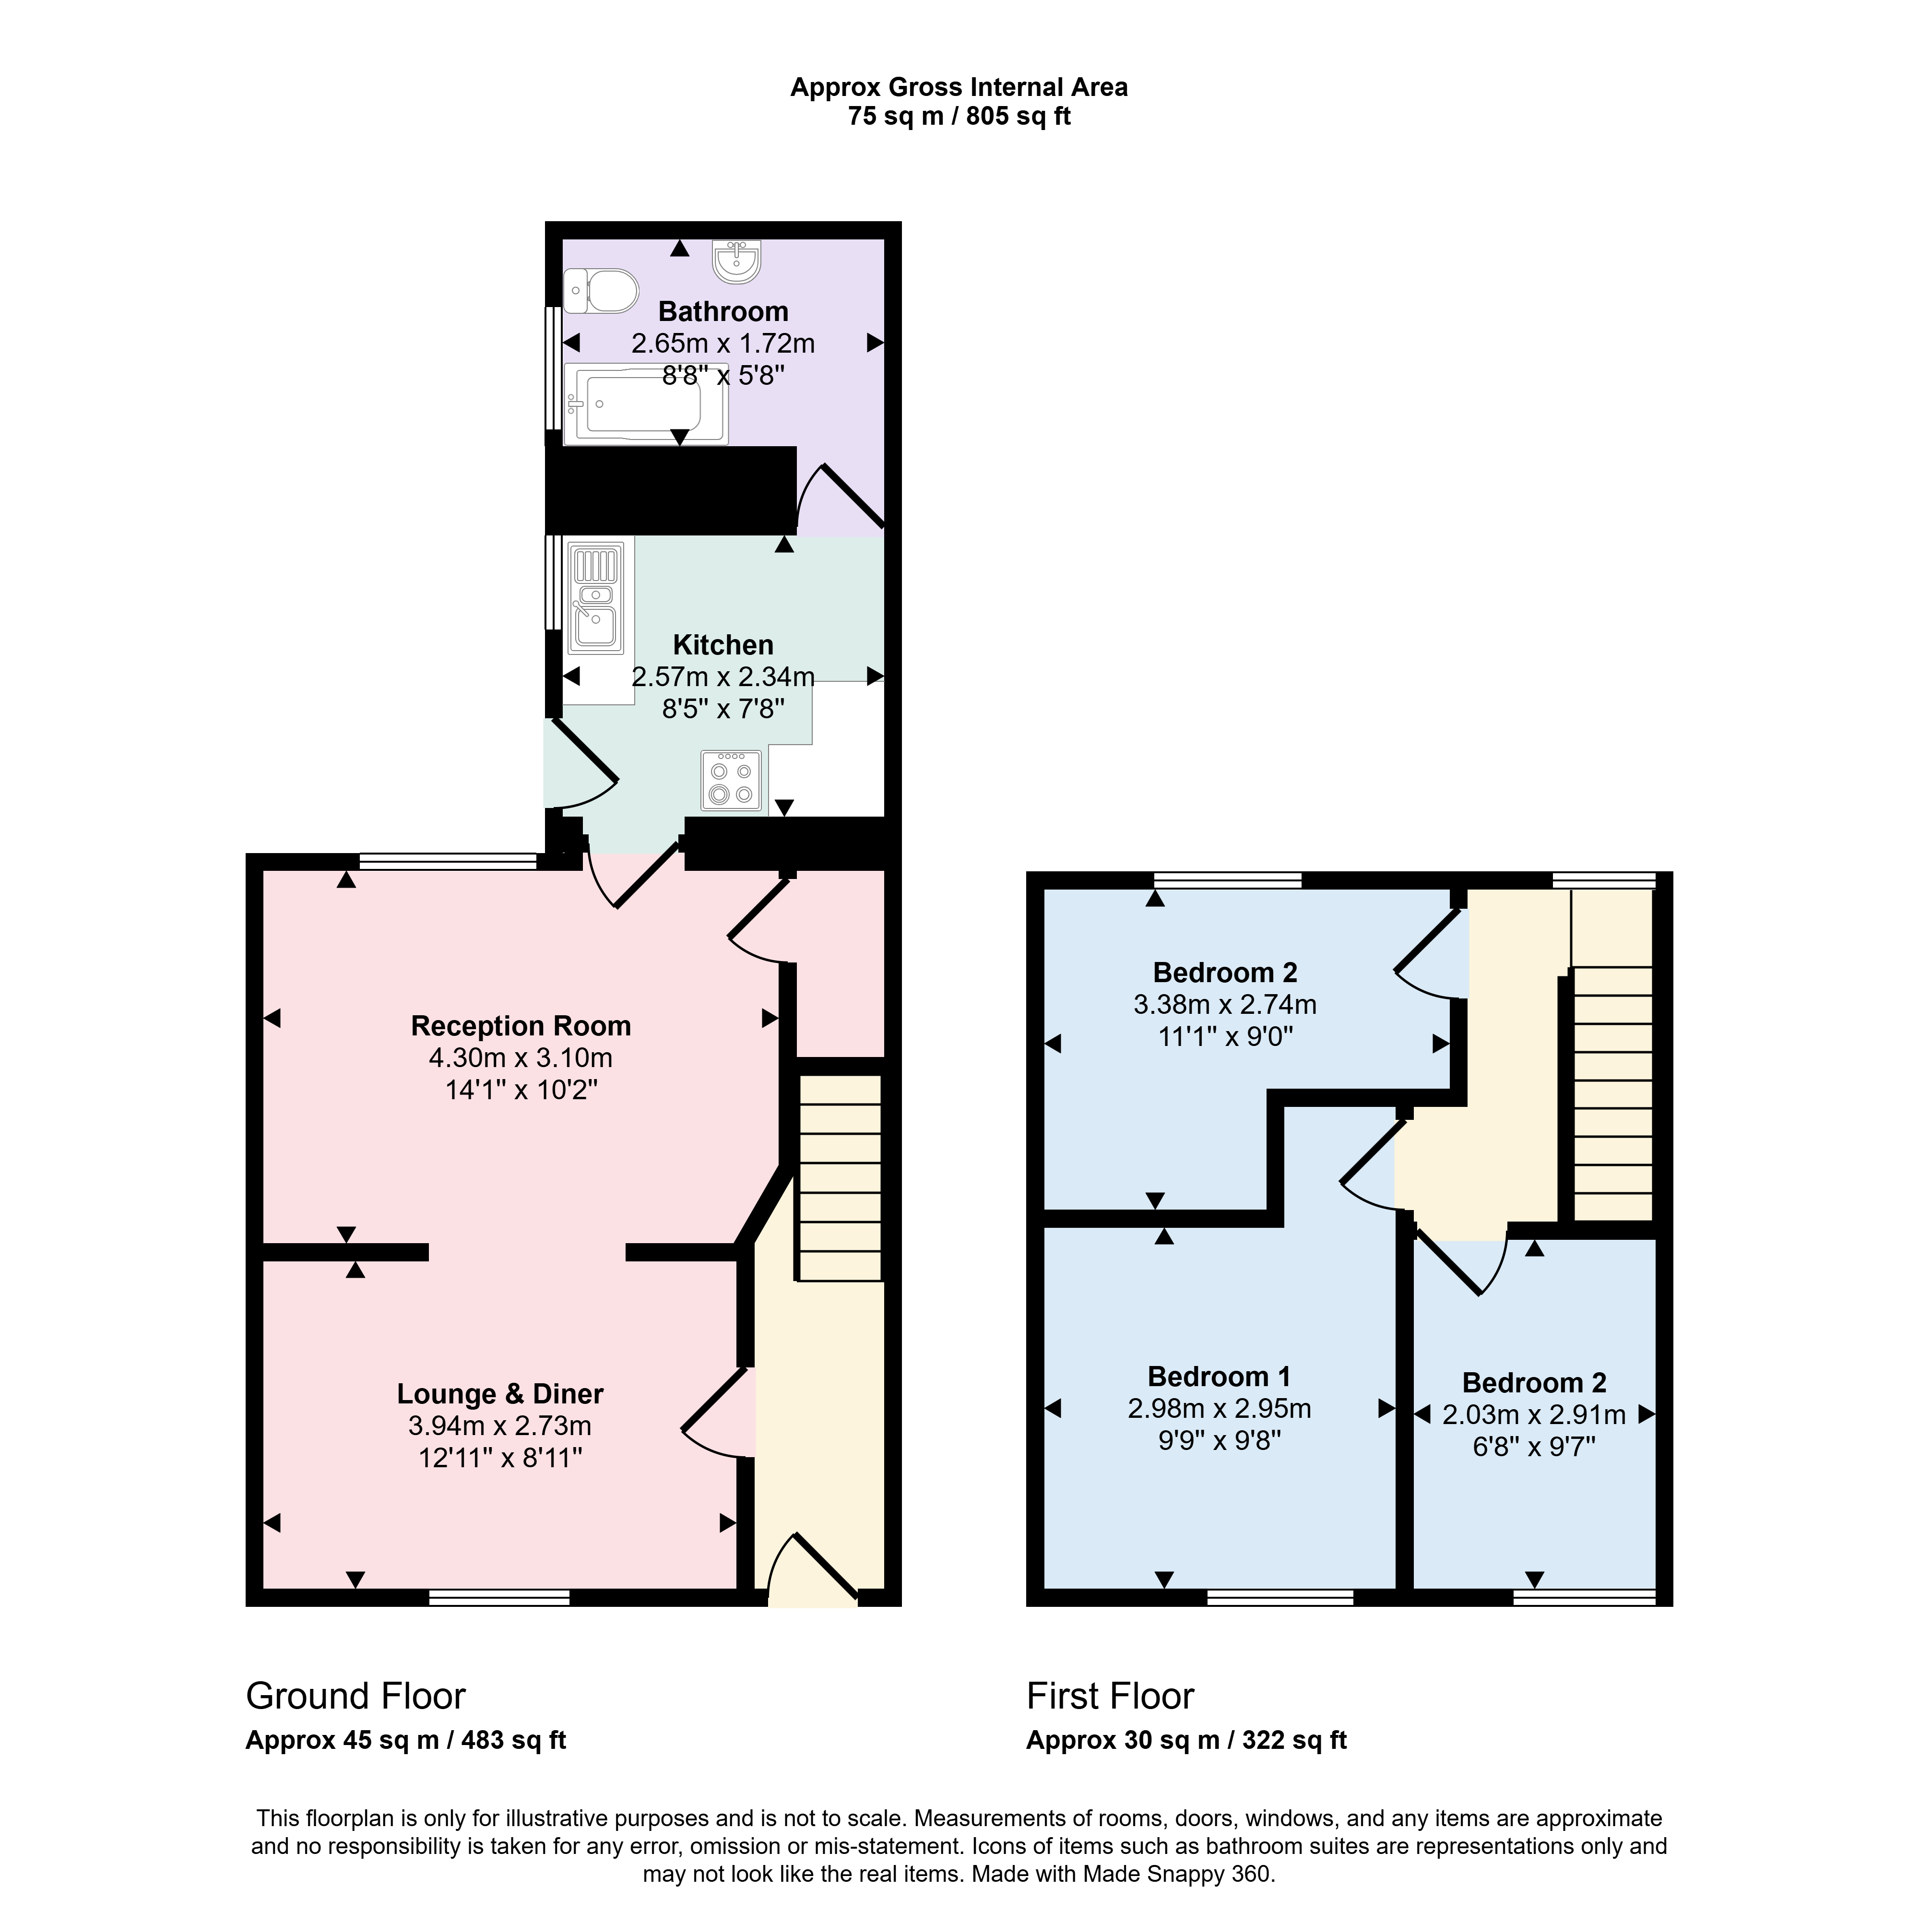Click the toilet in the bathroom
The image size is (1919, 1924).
[x=601, y=291]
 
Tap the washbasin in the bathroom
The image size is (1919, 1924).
[x=737, y=261]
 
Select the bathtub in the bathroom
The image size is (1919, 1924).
[x=645, y=404]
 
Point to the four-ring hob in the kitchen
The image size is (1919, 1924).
[x=731, y=780]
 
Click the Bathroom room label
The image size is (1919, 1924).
[x=723, y=312]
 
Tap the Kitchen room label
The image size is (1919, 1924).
[x=723, y=644]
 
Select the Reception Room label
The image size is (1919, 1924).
[x=521, y=1026]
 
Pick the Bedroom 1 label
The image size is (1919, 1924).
[x=1219, y=1376]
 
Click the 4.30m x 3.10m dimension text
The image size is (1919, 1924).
[x=521, y=1057]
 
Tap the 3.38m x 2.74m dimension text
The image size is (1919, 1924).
[x=1225, y=1004]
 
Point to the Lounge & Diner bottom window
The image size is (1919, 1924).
[x=500, y=1597]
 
